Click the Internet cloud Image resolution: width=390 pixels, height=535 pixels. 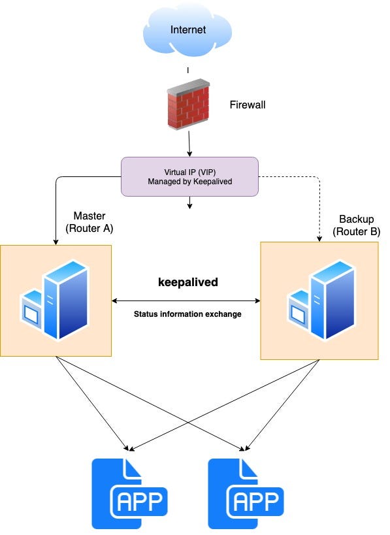click(187, 30)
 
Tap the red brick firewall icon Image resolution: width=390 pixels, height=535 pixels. click(188, 105)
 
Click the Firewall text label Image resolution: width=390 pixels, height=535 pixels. click(248, 105)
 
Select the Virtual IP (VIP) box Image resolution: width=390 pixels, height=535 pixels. click(189, 177)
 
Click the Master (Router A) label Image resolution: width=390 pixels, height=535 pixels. click(89, 222)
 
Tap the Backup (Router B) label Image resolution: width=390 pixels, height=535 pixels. click(356, 225)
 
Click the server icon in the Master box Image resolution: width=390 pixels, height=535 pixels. click(55, 300)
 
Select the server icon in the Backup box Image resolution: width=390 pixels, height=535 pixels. click(321, 300)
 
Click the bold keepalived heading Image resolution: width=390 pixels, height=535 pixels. click(188, 282)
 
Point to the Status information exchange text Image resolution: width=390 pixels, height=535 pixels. click(187, 314)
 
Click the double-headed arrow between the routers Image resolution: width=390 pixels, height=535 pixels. click(186, 300)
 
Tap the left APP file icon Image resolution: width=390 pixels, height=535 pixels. click(129, 493)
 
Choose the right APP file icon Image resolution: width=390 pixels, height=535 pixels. click(246, 493)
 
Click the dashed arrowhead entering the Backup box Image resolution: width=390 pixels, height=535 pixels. click(319, 239)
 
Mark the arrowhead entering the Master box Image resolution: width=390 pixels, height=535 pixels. click(56, 242)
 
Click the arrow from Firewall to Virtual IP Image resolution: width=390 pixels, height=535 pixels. click(189, 144)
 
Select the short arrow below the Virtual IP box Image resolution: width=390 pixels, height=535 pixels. click(189, 203)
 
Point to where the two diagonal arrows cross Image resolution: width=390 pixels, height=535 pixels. click(187, 423)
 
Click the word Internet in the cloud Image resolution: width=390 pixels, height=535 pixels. click(188, 30)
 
